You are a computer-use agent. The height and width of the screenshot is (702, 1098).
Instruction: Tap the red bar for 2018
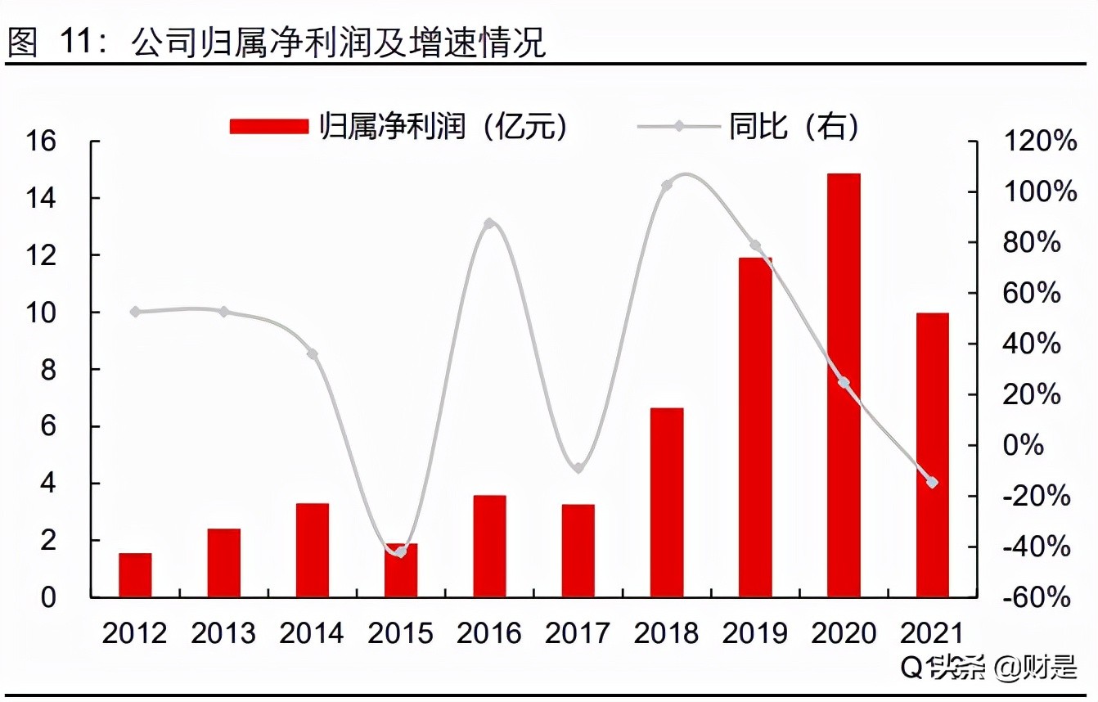coord(667,502)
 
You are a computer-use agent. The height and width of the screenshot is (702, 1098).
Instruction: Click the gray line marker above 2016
coord(489,223)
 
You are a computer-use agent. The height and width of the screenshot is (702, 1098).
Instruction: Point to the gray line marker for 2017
coord(578,468)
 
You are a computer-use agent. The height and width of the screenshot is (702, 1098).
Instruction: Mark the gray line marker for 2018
coord(667,186)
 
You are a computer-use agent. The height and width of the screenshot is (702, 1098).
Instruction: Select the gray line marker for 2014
coord(313,354)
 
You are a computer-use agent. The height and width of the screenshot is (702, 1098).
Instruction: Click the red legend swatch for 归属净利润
coord(269,126)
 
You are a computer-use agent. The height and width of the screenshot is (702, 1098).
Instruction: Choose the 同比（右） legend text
coord(794,126)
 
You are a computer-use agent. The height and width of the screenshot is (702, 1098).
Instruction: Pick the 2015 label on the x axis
coord(401,633)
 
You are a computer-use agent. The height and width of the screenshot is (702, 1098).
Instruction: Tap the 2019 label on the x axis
coord(755,633)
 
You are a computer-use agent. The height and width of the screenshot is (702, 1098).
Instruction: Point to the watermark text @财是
coord(1036,668)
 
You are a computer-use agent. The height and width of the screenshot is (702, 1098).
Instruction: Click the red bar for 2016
coord(489,546)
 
